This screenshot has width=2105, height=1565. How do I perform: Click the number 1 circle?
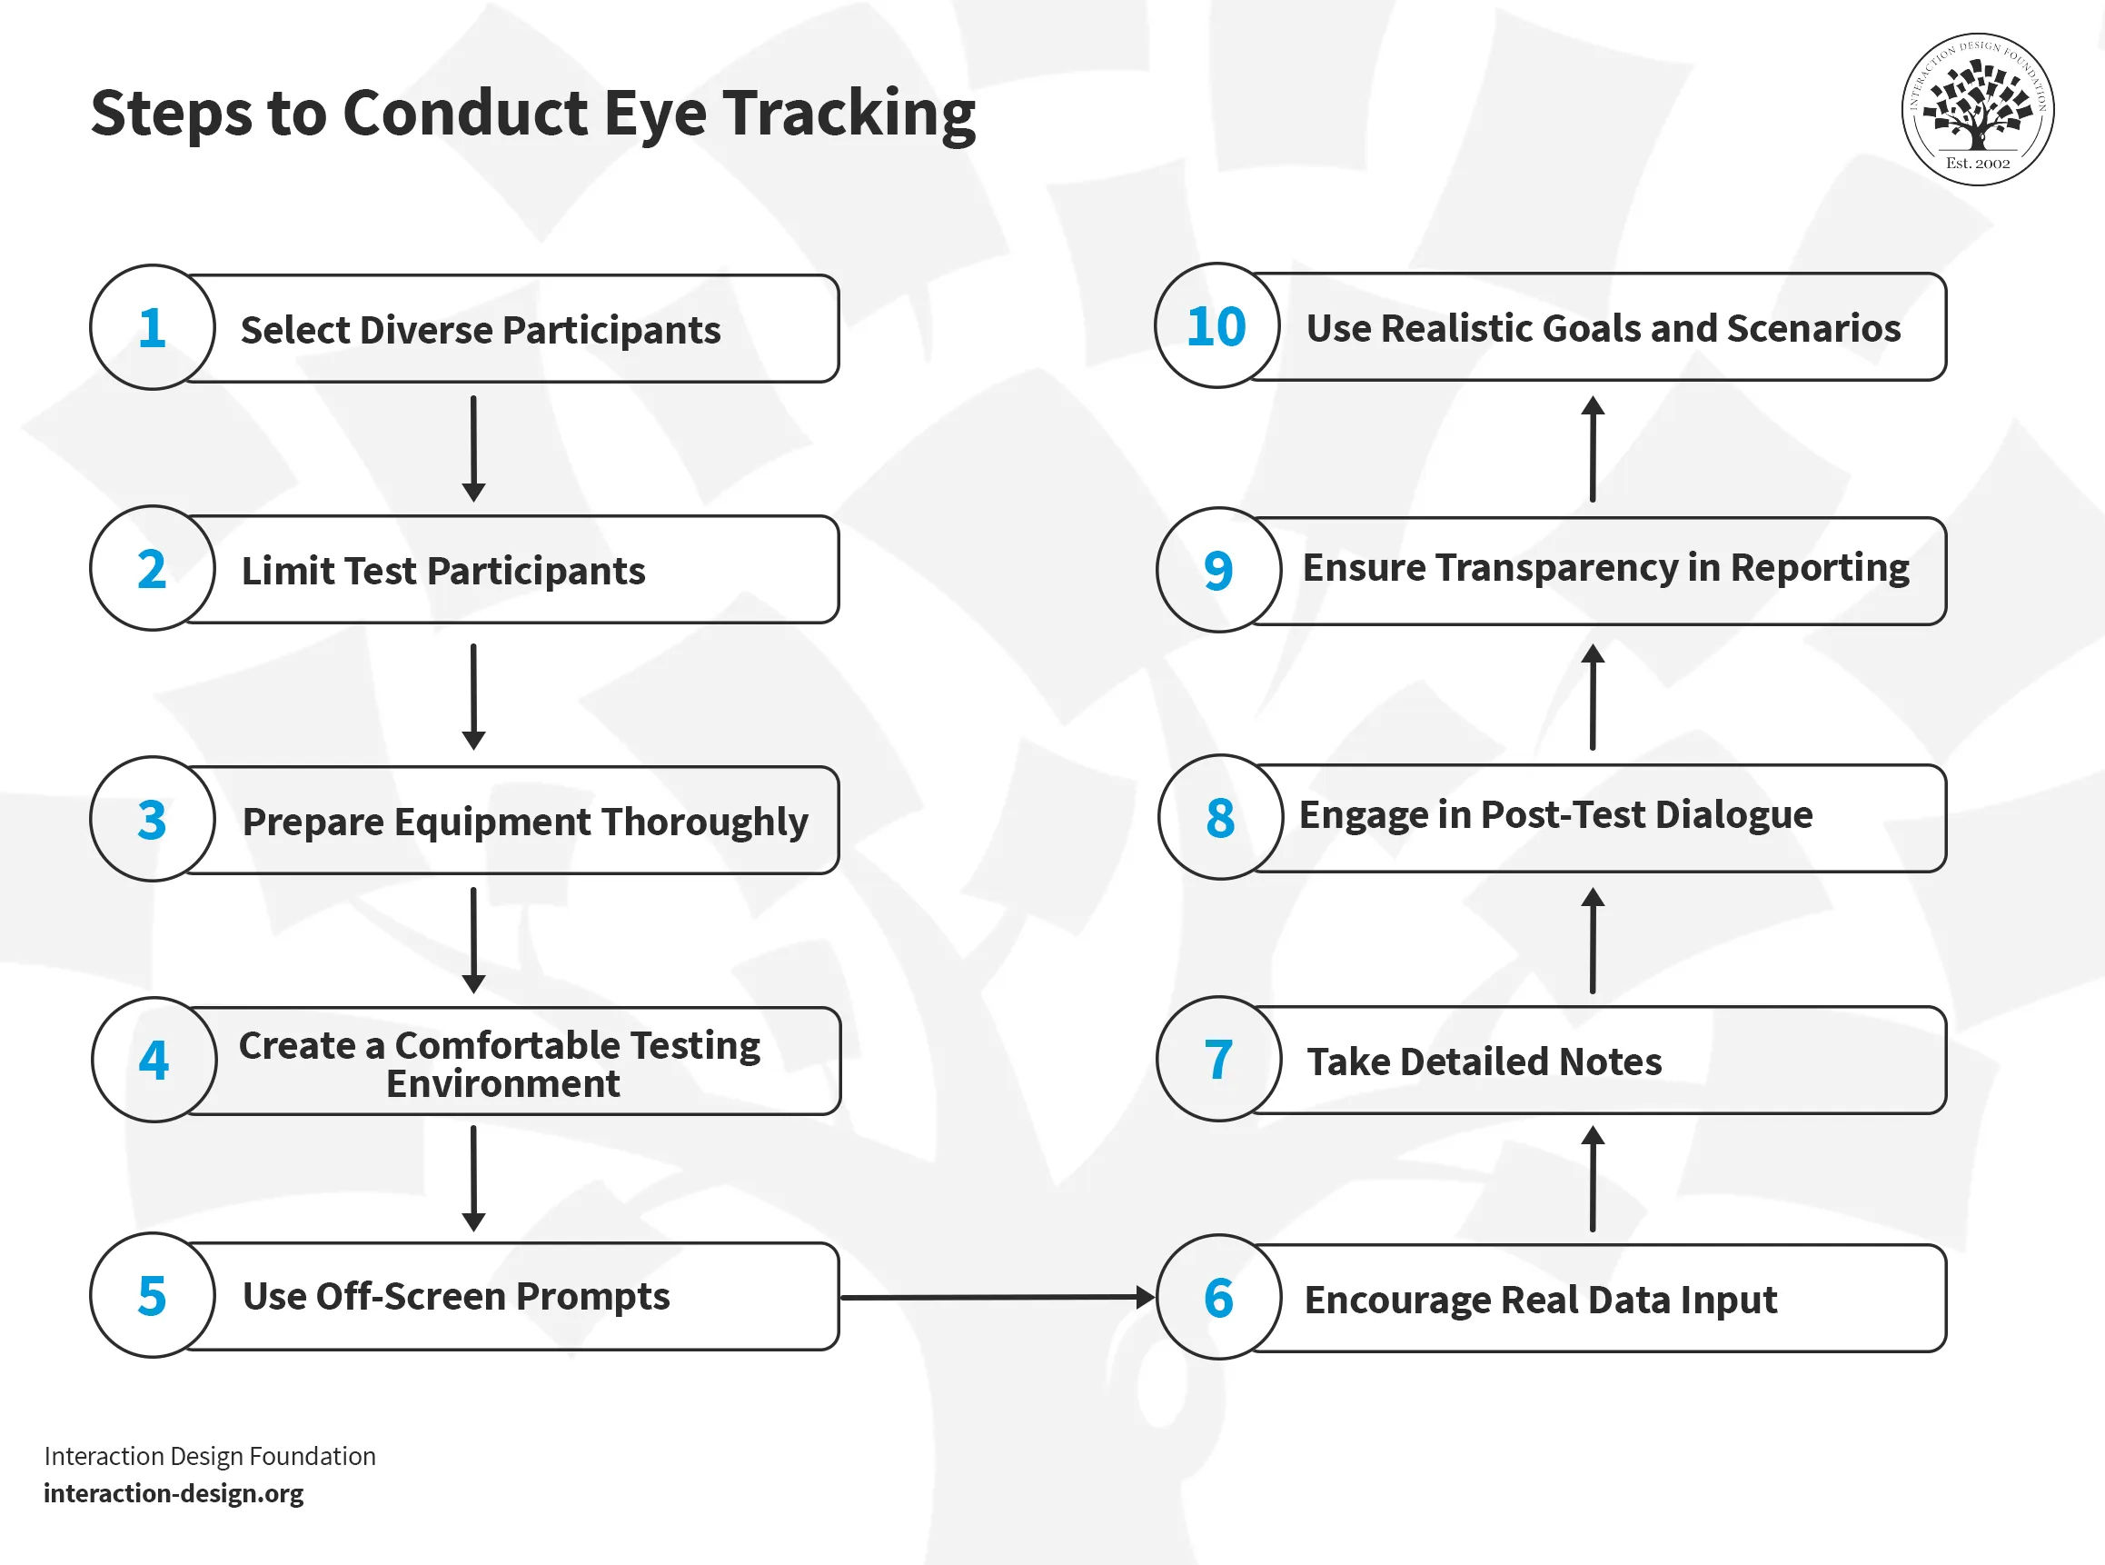[153, 328]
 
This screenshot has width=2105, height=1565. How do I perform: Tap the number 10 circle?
[1216, 326]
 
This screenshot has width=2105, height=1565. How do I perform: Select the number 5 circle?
[153, 1296]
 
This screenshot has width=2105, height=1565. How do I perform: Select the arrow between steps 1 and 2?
[473, 448]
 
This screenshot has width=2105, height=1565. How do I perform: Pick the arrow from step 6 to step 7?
[1593, 1179]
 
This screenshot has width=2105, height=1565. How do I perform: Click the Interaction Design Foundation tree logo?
[1977, 108]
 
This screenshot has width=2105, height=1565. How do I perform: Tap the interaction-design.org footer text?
[174, 1494]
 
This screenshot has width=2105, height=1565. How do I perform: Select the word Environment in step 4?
[502, 1083]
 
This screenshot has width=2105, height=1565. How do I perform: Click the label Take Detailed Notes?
[1484, 1061]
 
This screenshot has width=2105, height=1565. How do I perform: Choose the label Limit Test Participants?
[443, 571]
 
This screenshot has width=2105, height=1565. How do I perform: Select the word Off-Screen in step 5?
[409, 1296]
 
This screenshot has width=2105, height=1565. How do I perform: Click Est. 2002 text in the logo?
[1977, 163]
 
